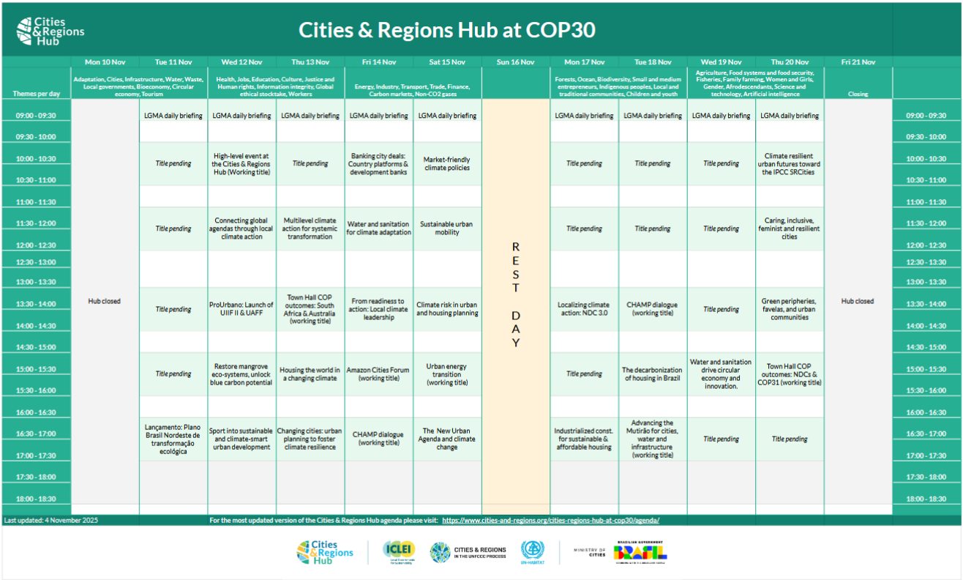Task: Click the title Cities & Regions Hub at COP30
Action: (446, 29)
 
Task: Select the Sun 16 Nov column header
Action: (515, 62)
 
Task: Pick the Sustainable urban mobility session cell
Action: (447, 228)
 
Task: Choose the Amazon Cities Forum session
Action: (378, 374)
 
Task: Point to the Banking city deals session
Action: (378, 164)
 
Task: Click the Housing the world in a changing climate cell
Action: (310, 374)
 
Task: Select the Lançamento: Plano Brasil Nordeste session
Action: (173, 439)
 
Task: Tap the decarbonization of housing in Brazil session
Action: (652, 374)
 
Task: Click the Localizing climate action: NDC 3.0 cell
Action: (583, 309)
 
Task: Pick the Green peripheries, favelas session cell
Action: (789, 309)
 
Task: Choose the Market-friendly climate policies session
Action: (447, 164)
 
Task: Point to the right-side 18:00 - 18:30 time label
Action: (926, 499)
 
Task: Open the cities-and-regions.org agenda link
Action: (550, 520)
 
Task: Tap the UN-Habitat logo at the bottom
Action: (533, 551)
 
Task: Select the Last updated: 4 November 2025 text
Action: (51, 520)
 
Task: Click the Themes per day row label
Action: (36, 94)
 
